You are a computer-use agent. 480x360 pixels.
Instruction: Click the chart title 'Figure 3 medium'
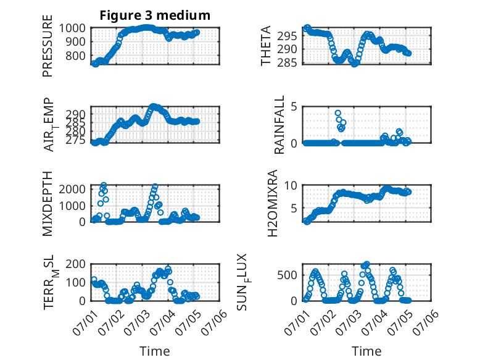pyautogui.click(x=155, y=15)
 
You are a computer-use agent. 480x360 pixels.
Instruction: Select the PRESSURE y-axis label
pyautogui.click(x=48, y=46)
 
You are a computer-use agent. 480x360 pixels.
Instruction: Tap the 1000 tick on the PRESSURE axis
pyautogui.click(x=72, y=28)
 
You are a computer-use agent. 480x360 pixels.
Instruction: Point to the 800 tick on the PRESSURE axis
pyautogui.click(x=76, y=56)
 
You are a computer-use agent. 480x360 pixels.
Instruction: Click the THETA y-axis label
pyautogui.click(x=266, y=46)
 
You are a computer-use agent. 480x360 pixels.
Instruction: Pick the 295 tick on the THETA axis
pyautogui.click(x=287, y=36)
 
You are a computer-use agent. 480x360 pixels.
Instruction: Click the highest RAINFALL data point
pyautogui.click(x=338, y=113)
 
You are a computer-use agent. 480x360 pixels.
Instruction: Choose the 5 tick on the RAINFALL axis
pyautogui.click(x=294, y=107)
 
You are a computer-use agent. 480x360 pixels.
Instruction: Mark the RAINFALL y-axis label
pyautogui.click(x=280, y=125)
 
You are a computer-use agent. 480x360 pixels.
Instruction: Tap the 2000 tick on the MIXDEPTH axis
pyautogui.click(x=72, y=189)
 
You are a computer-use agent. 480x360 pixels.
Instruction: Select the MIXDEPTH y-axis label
pyautogui.click(x=48, y=204)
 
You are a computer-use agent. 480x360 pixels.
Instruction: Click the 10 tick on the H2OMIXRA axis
pyautogui.click(x=291, y=185)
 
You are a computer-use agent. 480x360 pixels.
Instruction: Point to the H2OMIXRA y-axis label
pyautogui.click(x=272, y=203)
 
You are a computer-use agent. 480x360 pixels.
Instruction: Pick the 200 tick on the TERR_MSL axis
pyautogui.click(x=76, y=264)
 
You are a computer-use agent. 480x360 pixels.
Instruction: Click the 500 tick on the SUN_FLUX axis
pyautogui.click(x=287, y=275)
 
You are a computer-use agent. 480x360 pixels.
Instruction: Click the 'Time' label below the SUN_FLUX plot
pyautogui.click(x=366, y=351)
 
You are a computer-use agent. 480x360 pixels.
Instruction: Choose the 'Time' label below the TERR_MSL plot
pyautogui.click(x=155, y=351)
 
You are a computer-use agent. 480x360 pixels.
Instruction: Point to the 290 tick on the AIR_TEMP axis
pyautogui.click(x=76, y=115)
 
